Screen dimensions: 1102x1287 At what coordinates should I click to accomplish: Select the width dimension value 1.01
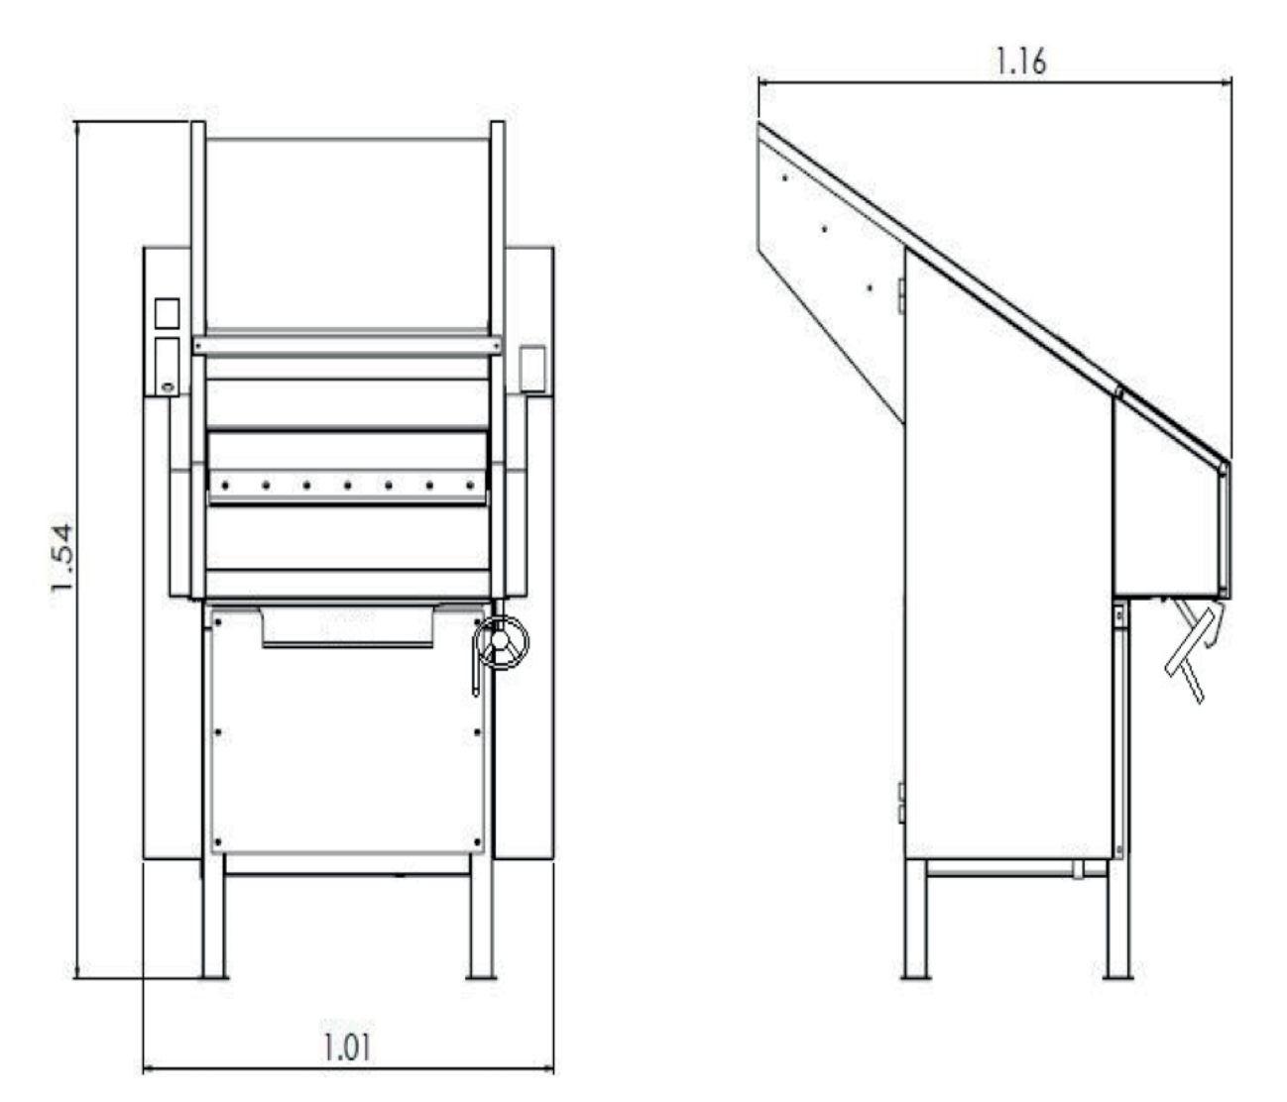point(349,1047)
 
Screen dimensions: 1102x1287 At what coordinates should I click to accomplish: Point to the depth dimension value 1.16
point(1020,61)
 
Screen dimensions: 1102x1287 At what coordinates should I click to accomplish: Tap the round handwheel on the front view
point(503,643)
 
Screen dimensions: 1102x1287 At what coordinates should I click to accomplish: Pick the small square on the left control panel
point(168,313)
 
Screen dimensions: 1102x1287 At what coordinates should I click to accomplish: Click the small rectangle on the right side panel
point(533,368)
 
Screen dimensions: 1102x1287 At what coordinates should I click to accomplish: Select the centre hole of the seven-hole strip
point(348,485)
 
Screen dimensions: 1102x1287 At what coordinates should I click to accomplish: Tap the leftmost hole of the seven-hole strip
point(226,485)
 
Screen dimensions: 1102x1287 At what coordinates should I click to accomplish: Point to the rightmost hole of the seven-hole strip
point(470,485)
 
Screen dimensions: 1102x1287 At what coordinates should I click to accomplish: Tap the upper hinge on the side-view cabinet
point(901,294)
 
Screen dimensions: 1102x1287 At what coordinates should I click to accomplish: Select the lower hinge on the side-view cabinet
point(901,803)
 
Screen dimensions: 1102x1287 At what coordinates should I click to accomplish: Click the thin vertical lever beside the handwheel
point(475,674)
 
